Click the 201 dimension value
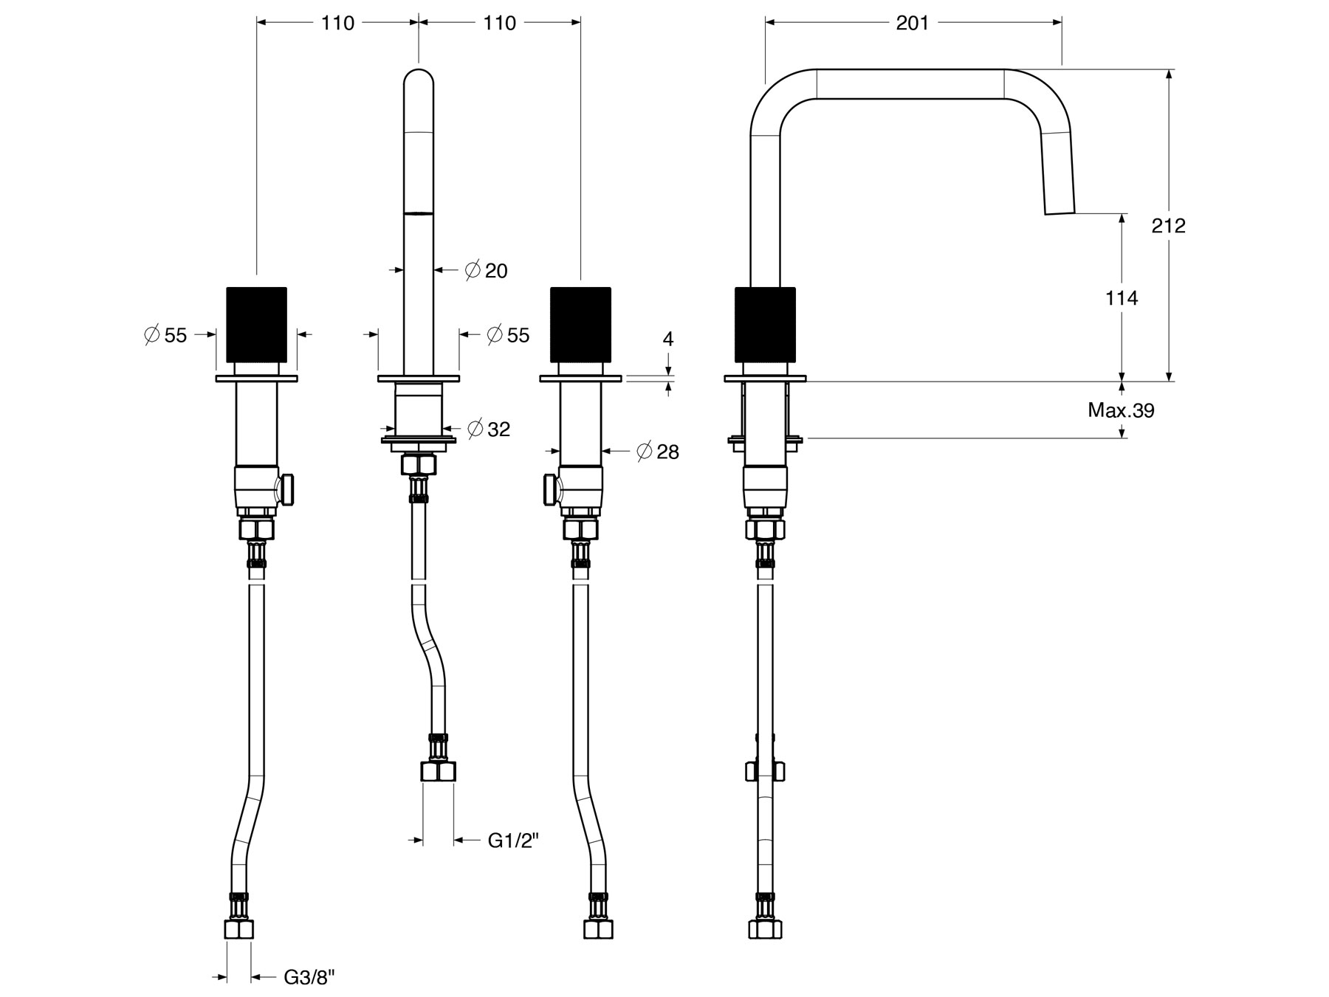[913, 23]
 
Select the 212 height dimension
[1169, 225]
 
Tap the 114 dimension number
[1122, 298]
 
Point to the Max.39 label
[1121, 410]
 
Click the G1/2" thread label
[513, 841]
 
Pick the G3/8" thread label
[309, 978]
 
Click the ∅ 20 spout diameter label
[487, 271]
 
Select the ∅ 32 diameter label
[489, 429]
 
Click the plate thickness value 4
[668, 339]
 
